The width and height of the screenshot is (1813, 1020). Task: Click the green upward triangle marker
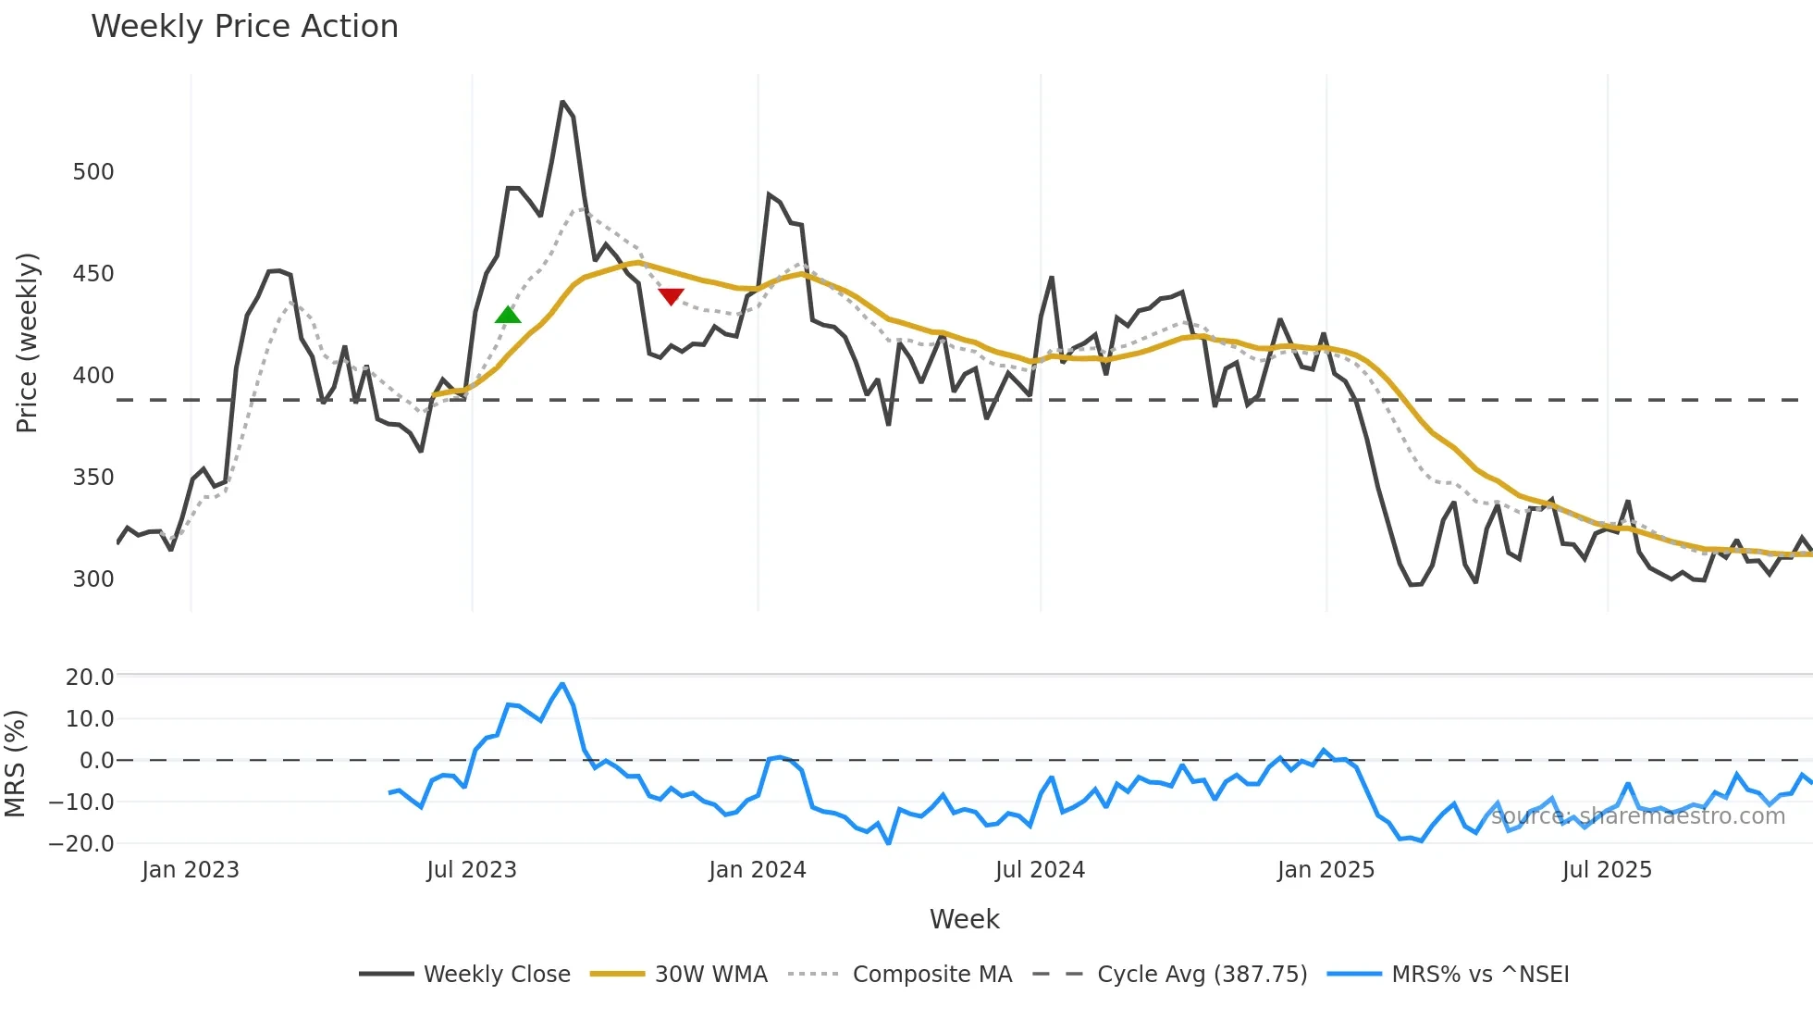tap(508, 316)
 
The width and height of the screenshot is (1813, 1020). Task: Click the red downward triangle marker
tap(671, 296)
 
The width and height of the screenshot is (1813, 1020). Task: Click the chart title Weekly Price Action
tap(244, 27)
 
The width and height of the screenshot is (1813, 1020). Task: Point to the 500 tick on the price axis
tap(93, 172)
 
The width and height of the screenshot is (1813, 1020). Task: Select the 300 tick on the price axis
tap(93, 579)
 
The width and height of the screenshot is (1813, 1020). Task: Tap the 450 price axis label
tap(93, 274)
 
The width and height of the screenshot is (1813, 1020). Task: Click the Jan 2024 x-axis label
tap(758, 870)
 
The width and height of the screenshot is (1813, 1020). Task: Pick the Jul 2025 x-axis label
tap(1607, 870)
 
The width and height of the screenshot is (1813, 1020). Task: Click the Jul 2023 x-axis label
tap(472, 870)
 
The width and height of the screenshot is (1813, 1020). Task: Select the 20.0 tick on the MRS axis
tap(90, 678)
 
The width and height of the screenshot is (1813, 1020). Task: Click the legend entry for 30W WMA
tap(710, 975)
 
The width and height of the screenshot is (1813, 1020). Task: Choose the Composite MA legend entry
tap(931, 975)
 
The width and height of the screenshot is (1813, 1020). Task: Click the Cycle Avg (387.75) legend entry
tap(1202, 975)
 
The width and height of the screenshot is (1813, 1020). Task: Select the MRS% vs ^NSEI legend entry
tap(1480, 975)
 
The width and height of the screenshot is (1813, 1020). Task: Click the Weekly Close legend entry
tap(497, 975)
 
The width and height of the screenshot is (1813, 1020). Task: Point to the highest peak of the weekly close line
tap(562, 102)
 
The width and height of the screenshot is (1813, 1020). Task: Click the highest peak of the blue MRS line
tap(562, 684)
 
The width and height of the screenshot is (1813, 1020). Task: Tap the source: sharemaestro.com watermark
tap(1637, 816)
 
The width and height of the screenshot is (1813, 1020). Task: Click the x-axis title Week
tap(964, 919)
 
